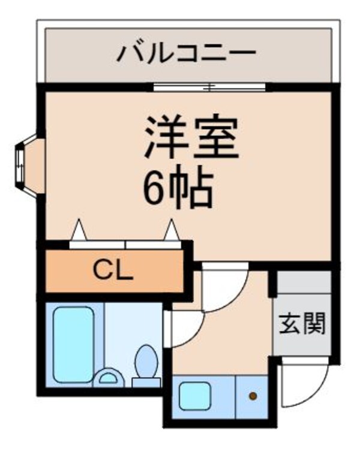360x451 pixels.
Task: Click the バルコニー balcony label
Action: click(186, 53)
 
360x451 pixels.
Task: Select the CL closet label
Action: click(112, 271)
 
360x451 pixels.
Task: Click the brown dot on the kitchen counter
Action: click(253, 396)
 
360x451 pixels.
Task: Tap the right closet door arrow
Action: click(172, 230)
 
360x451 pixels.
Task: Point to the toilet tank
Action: click(146, 381)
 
